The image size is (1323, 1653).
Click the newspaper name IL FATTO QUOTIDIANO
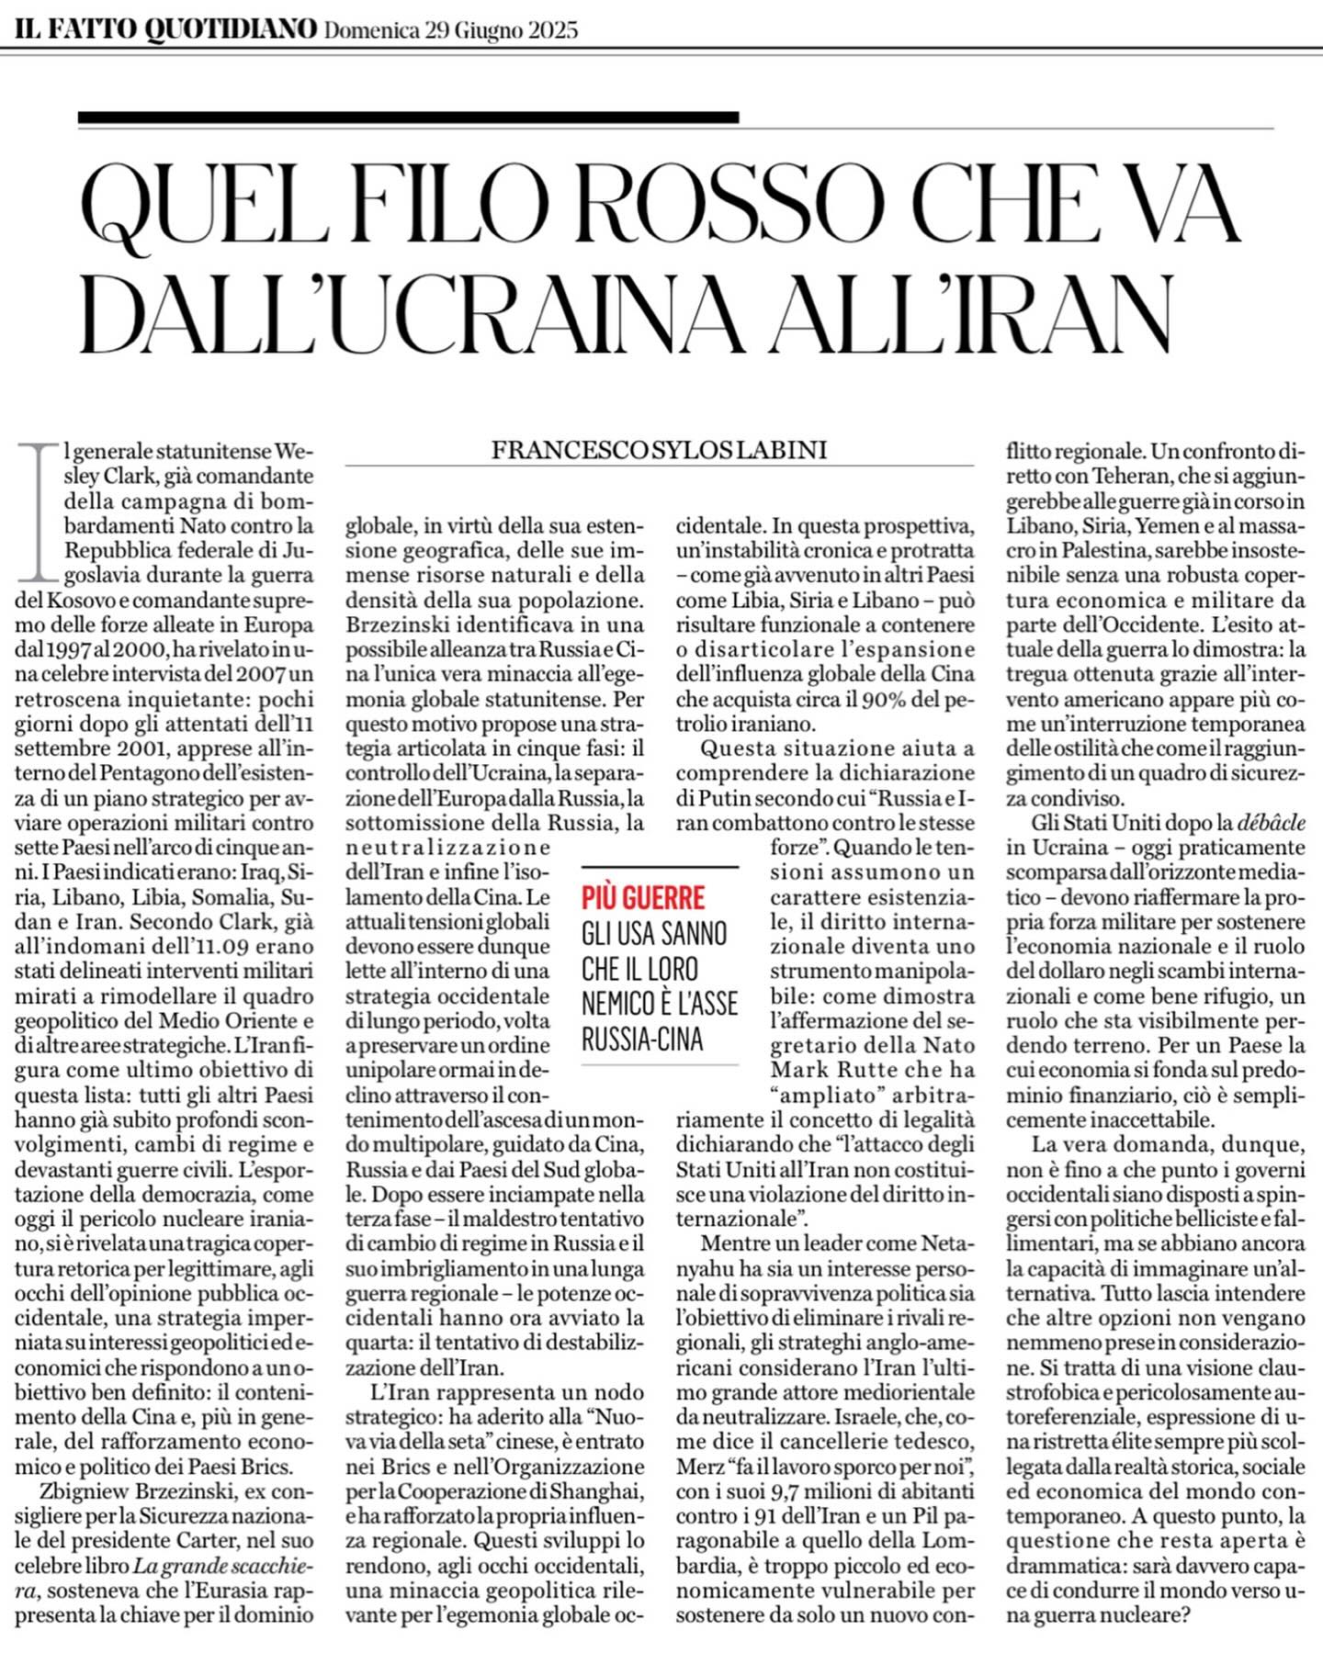(165, 29)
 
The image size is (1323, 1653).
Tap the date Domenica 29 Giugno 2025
(451, 30)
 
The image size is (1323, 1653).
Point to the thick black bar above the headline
(408, 118)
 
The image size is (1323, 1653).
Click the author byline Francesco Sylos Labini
(659, 450)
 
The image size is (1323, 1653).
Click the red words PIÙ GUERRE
(643, 897)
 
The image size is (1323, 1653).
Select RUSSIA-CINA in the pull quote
(641, 1039)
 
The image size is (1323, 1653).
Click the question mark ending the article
(1183, 1615)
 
